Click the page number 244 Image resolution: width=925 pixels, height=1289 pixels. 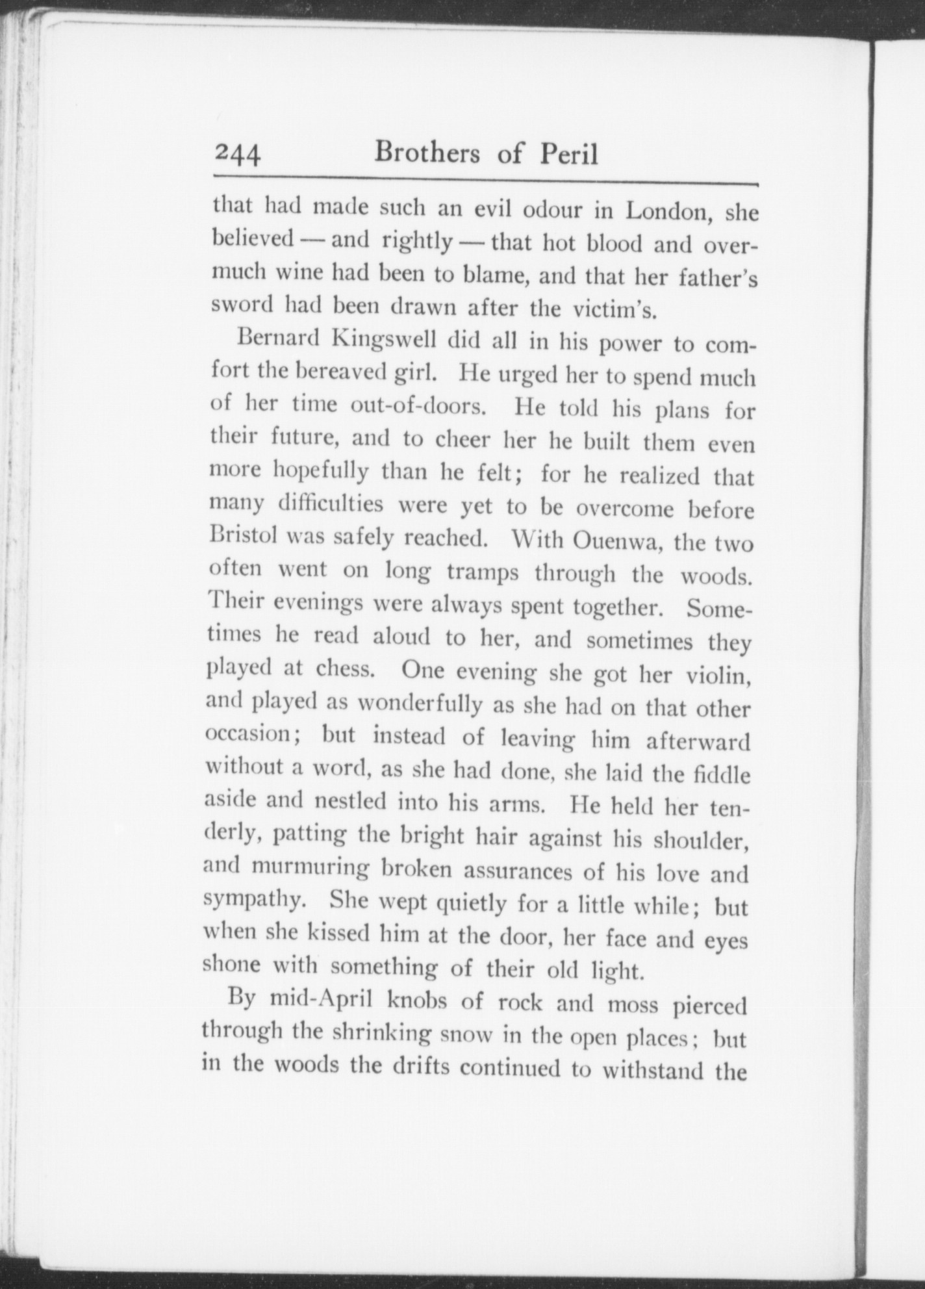[x=238, y=155]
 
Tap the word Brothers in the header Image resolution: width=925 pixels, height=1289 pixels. [x=428, y=153]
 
